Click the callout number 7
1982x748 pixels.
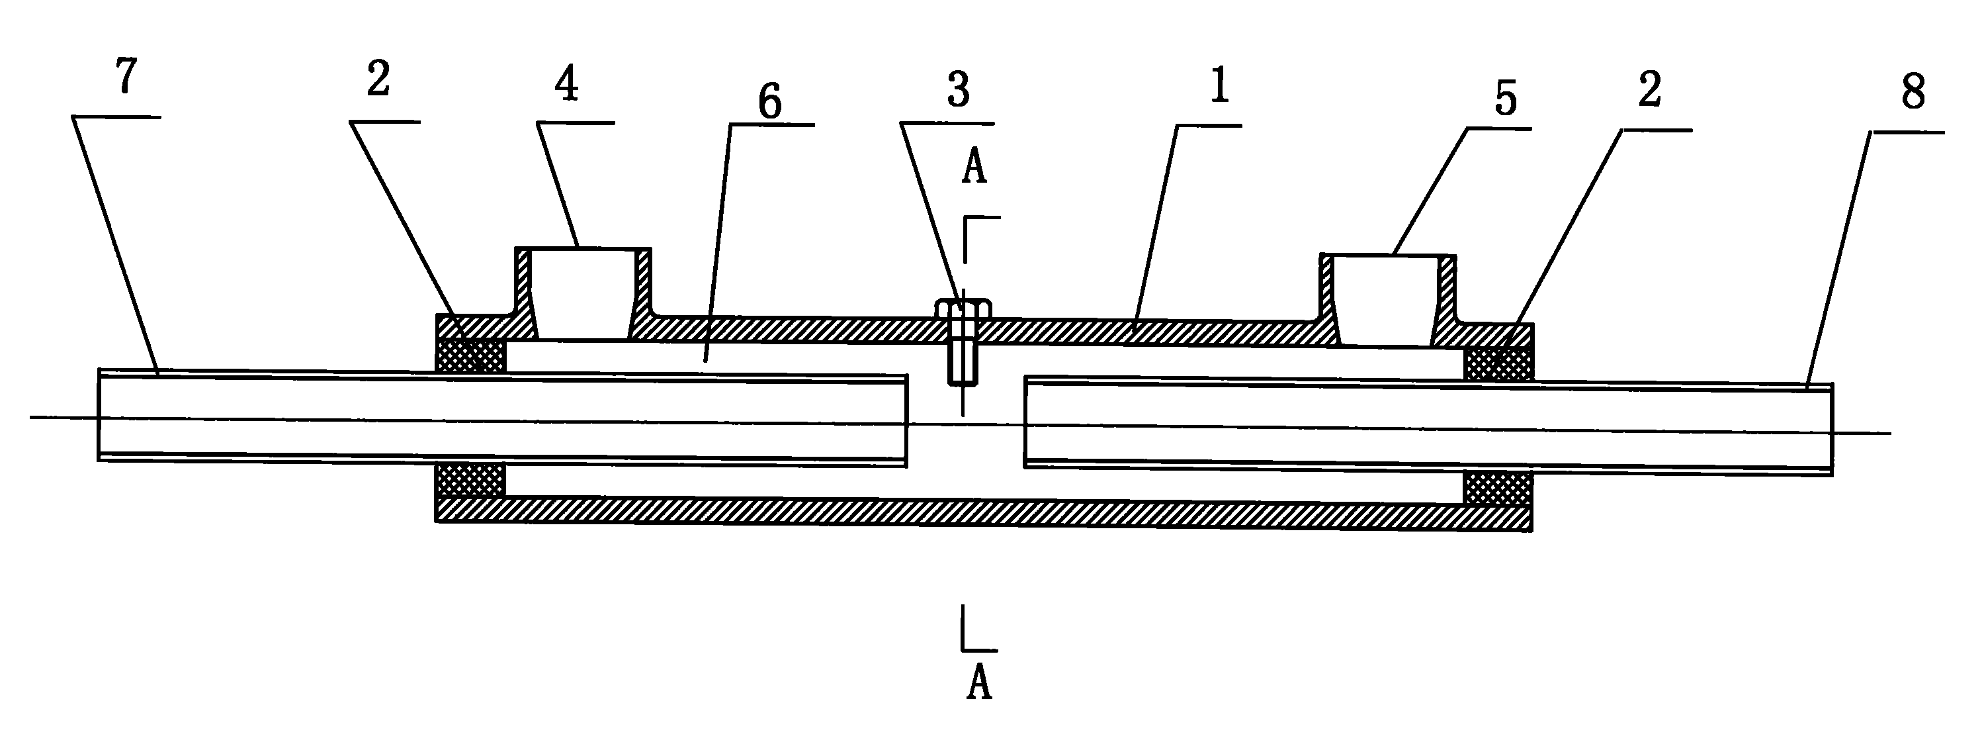coord(127,77)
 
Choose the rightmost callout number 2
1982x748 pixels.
coord(1650,89)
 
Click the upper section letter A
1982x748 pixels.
coord(974,165)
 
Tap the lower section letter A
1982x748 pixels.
coord(978,682)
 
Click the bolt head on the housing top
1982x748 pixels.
coord(963,308)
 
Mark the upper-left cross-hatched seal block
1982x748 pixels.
coord(471,355)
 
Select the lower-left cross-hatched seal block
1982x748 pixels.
coord(471,480)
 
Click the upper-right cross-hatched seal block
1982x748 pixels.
coord(1499,363)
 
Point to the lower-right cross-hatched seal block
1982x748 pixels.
coord(1499,489)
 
